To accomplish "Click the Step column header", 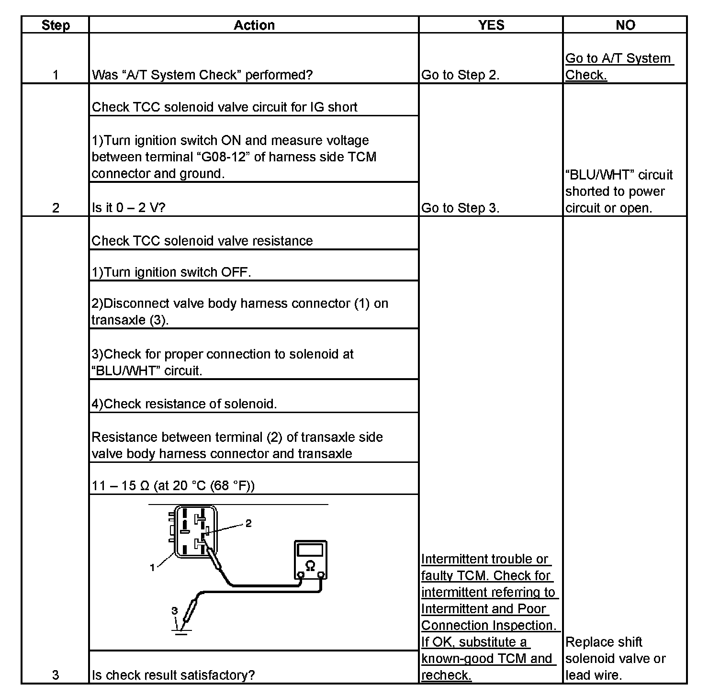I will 56,25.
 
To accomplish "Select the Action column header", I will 254,25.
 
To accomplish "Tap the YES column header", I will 491,25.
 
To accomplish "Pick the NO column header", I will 625,25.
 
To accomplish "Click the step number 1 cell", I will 56,75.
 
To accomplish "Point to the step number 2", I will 56,208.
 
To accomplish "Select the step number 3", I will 56,675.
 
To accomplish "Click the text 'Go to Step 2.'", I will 460,75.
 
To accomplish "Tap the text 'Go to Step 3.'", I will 460,208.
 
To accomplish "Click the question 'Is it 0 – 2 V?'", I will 128,208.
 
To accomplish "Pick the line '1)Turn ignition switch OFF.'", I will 171,272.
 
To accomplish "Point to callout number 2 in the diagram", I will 248,523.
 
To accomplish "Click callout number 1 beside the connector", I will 152,568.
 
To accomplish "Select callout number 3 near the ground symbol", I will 175,611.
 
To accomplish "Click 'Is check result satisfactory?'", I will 173,675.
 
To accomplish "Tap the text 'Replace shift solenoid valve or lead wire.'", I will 615,659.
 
